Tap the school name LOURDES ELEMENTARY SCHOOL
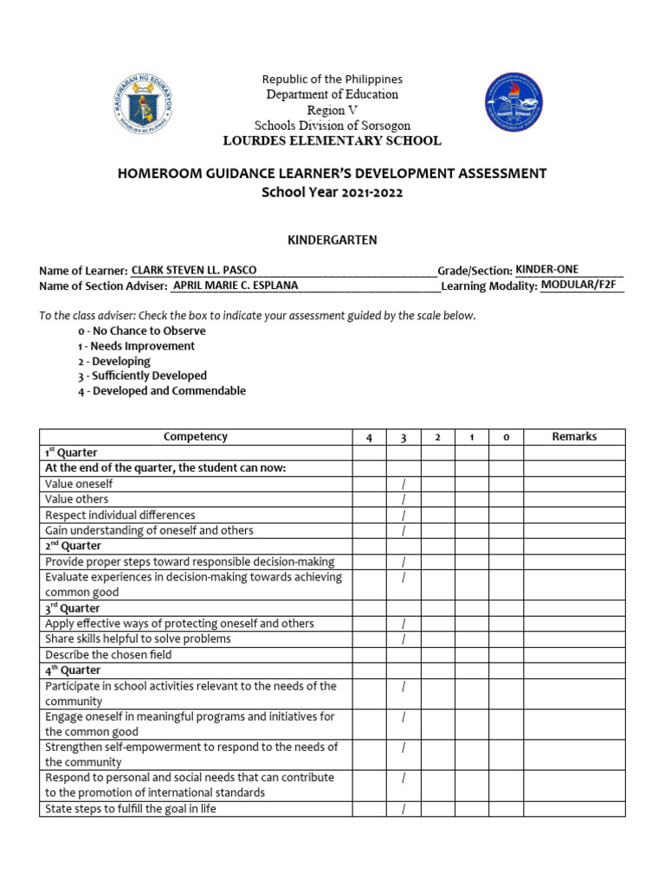332,140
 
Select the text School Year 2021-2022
332,192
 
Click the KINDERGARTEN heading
332,240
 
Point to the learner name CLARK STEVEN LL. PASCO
193,270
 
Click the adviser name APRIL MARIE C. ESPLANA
236,286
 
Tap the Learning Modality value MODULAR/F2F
581,285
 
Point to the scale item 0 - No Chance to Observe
142,331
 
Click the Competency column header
196,437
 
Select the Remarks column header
574,437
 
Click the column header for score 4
369,438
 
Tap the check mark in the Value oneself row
404,485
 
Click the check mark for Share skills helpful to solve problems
404,639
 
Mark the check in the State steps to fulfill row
404,809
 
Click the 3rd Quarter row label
73,608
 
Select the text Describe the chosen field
108,655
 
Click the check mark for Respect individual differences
404,516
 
